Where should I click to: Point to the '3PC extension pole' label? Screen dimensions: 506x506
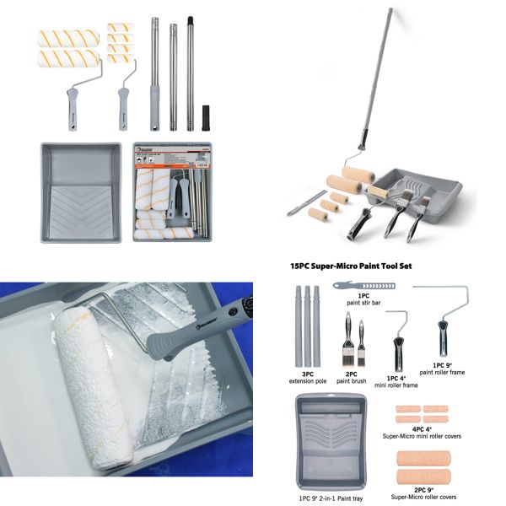click(304, 377)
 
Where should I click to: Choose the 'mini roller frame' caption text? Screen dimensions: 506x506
click(397, 385)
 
